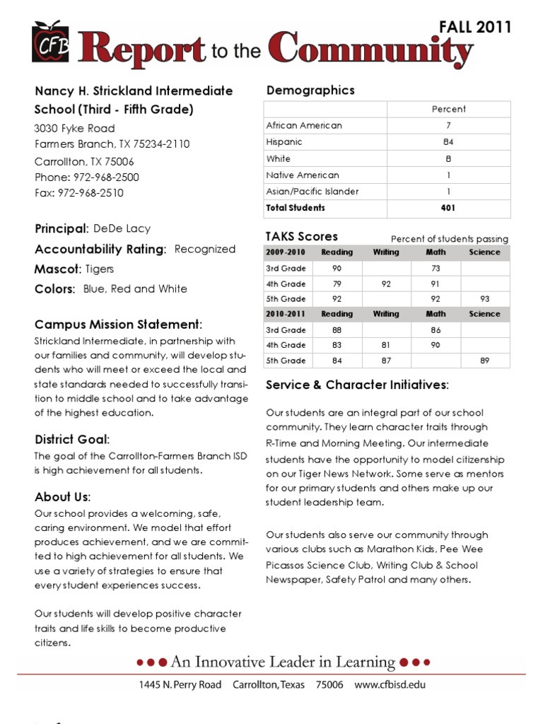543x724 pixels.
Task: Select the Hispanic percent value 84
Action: (448, 142)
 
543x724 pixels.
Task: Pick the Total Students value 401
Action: (448, 208)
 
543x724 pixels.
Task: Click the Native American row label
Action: (303, 175)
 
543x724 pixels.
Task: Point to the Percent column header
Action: (448, 109)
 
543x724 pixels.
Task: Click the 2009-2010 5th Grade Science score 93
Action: (484, 299)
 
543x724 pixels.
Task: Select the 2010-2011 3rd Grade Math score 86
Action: (436, 330)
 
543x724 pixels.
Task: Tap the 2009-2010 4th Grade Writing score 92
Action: (386, 284)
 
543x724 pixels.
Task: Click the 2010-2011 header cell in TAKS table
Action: (286, 314)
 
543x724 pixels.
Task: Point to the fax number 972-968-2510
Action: (90, 193)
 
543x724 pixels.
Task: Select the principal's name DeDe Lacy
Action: (122, 229)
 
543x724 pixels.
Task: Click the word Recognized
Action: (205, 249)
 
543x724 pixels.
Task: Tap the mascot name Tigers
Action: (100, 269)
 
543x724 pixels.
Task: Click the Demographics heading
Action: (310, 90)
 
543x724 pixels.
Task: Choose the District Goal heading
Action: (72, 440)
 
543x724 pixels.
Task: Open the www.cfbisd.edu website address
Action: (390, 684)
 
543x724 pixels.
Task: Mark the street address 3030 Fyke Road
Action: (74, 129)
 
